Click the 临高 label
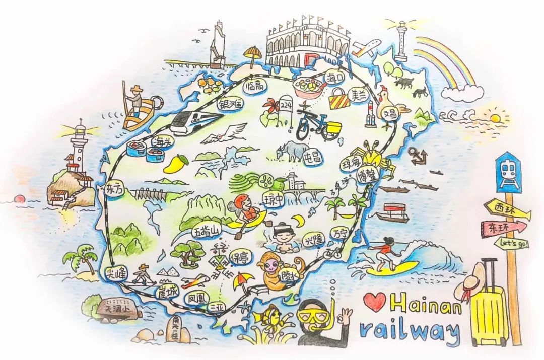coord(253,87)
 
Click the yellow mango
coord(177,162)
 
